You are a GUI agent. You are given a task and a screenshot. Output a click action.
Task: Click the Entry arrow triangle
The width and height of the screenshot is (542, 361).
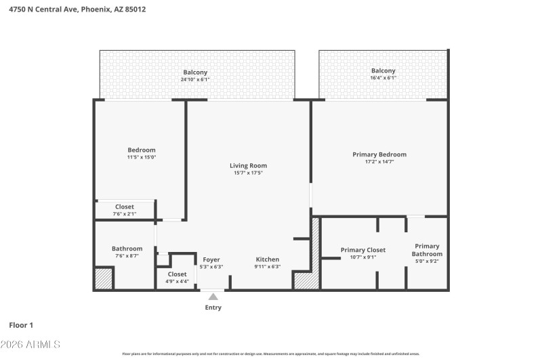pos(213,296)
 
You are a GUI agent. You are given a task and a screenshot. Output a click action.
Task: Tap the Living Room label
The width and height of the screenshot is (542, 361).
pos(248,165)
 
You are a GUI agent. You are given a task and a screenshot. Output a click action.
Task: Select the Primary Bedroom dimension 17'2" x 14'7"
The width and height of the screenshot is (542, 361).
pos(379,162)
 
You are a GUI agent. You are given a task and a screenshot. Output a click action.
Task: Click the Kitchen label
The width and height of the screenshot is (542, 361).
pos(267,259)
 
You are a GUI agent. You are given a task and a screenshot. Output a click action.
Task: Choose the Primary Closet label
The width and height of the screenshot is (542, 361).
pos(362,250)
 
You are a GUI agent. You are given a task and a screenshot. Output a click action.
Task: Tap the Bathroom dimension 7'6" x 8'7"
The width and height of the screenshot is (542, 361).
pos(127,256)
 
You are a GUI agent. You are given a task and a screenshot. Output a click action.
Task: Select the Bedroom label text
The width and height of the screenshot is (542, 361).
pos(142,150)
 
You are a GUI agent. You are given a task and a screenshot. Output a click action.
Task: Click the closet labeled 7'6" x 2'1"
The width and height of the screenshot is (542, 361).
pos(125,213)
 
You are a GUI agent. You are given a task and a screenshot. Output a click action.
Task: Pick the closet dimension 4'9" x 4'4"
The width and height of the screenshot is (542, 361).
pos(177,281)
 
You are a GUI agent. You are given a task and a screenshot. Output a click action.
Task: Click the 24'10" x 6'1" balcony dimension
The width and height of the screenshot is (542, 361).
pos(195,79)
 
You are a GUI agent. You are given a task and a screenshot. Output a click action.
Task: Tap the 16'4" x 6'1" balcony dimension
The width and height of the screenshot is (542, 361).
pos(383,78)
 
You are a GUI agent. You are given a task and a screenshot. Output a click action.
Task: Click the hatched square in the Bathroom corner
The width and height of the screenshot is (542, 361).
pos(103,278)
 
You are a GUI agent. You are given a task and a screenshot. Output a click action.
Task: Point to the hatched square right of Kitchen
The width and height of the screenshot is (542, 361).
pos(302,279)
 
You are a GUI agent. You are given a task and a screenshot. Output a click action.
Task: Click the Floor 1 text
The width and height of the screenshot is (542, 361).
pos(22,325)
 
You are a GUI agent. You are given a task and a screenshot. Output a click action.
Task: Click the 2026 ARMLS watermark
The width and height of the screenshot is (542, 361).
pos(30,345)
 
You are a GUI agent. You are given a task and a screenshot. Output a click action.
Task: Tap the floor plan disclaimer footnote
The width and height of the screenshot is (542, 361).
pos(270,354)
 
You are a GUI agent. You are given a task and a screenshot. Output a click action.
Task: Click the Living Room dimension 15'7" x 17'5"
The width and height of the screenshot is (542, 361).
pos(248,173)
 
